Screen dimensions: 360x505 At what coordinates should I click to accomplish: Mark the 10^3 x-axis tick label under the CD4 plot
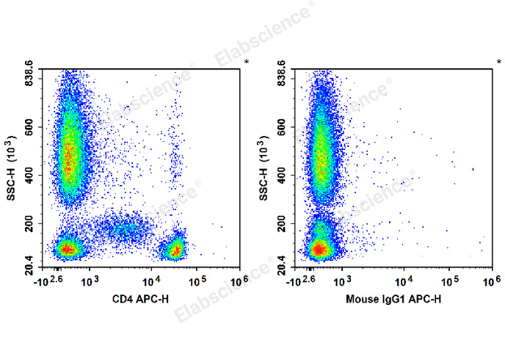90,280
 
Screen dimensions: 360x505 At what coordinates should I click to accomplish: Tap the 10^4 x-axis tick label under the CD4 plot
152,280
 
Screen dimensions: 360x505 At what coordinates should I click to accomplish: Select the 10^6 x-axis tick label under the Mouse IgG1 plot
492,280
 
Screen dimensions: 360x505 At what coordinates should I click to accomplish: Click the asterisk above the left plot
246,62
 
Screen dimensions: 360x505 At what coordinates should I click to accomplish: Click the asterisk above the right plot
498,62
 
